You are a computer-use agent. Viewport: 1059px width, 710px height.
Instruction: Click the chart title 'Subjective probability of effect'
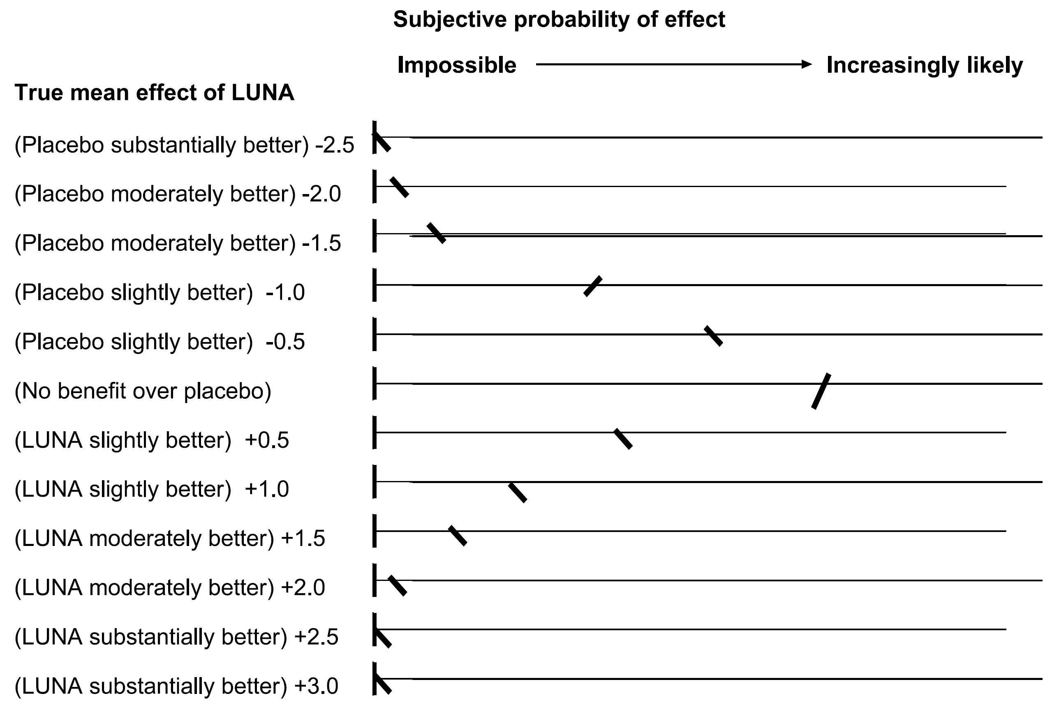[559, 20]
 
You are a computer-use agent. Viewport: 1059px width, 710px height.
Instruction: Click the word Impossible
[456, 65]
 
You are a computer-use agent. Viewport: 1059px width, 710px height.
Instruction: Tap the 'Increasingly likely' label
[924, 65]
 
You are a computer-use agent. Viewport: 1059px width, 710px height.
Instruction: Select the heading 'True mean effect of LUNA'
[155, 93]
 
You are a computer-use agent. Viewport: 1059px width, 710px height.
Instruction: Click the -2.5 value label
[335, 146]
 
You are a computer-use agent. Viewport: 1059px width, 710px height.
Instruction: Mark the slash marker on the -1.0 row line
[593, 286]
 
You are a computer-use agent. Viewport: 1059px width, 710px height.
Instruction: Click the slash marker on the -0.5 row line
[713, 335]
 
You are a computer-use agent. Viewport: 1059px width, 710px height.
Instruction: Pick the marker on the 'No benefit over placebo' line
[821, 391]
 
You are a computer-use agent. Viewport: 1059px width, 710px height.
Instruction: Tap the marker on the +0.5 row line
[623, 438]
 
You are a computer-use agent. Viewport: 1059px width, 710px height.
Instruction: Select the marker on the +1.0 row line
[518, 492]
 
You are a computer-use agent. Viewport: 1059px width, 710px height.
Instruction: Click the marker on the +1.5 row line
[457, 535]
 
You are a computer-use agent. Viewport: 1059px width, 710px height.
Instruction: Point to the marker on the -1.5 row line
[437, 233]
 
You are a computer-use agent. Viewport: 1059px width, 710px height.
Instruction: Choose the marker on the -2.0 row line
[399, 187]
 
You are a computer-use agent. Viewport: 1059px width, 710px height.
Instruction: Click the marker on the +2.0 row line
[398, 585]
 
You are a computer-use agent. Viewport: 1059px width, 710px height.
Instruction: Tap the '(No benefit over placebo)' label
[143, 391]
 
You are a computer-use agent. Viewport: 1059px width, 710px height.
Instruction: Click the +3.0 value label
[316, 686]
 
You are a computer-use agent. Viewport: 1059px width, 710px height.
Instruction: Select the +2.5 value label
[316, 637]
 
